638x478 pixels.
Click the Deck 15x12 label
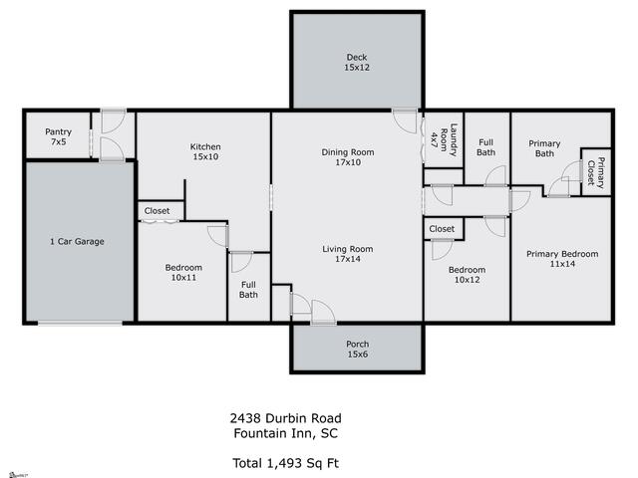coord(357,63)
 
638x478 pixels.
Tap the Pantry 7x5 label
coord(58,136)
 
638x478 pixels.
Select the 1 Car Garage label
coord(77,241)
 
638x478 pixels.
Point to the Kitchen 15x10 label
coord(205,152)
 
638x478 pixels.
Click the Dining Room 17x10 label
coord(347,157)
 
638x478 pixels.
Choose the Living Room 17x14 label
coord(347,254)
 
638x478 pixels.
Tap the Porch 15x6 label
coord(357,350)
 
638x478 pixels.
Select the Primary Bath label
coord(544,148)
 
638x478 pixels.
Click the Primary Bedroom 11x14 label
coord(562,259)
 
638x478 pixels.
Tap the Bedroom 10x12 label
coord(467,275)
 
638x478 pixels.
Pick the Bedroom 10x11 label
coord(183,272)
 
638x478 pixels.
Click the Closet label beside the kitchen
coord(158,211)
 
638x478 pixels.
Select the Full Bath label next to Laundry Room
coord(485,147)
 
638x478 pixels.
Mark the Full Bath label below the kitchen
coord(248,289)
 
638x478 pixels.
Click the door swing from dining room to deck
coord(406,120)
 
